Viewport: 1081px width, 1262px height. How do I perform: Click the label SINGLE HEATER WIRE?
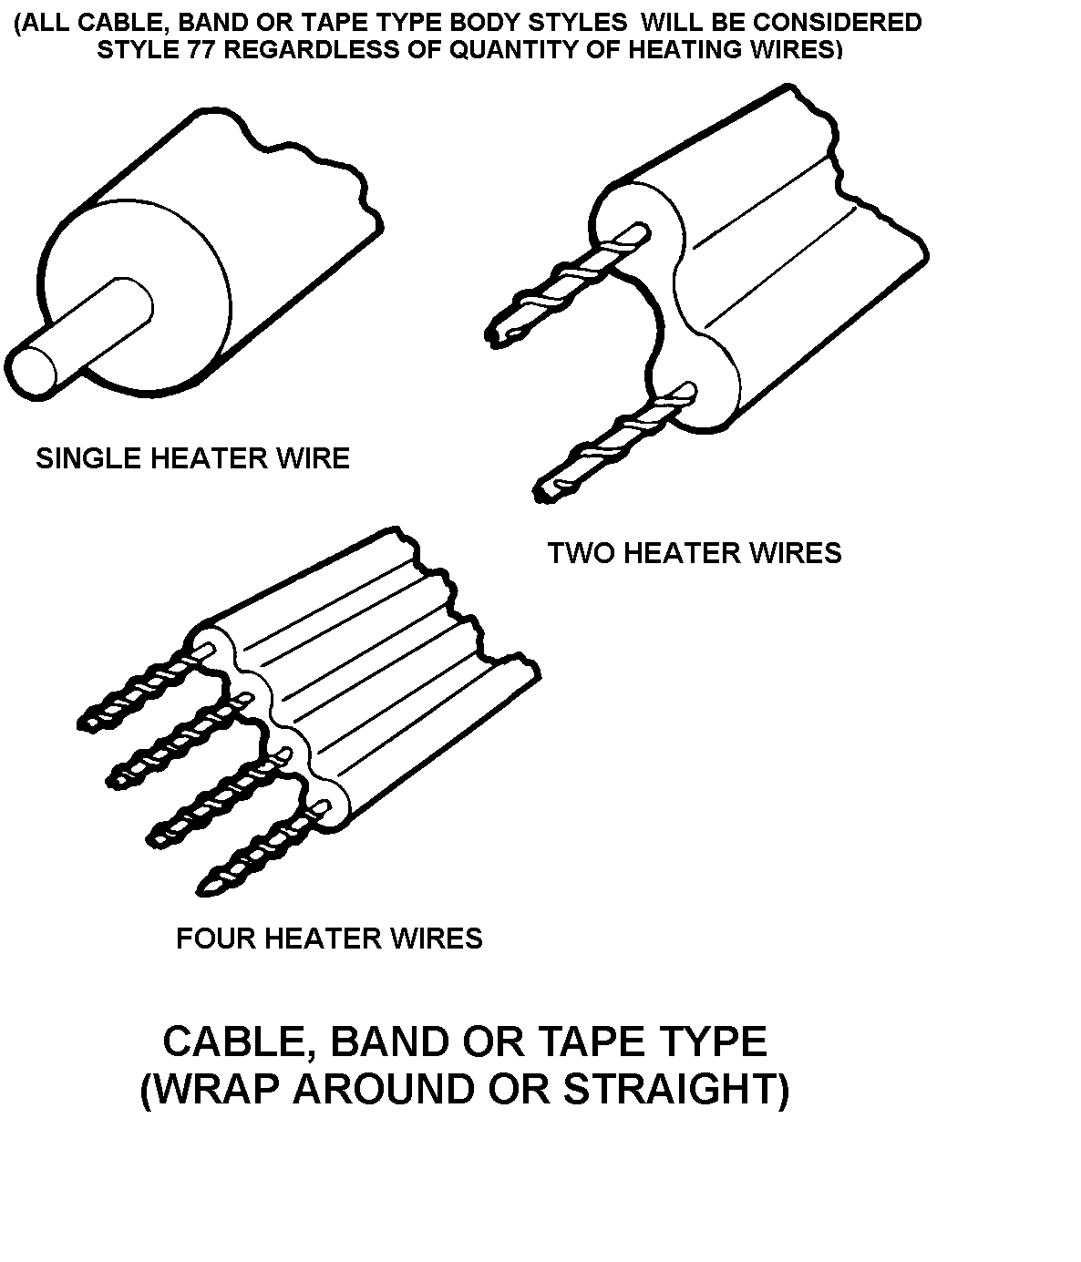click(192, 457)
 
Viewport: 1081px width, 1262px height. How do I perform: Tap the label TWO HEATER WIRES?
click(695, 552)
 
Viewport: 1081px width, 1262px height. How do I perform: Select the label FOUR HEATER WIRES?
click(329, 938)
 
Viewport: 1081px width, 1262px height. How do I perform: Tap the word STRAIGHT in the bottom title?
click(669, 1089)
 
